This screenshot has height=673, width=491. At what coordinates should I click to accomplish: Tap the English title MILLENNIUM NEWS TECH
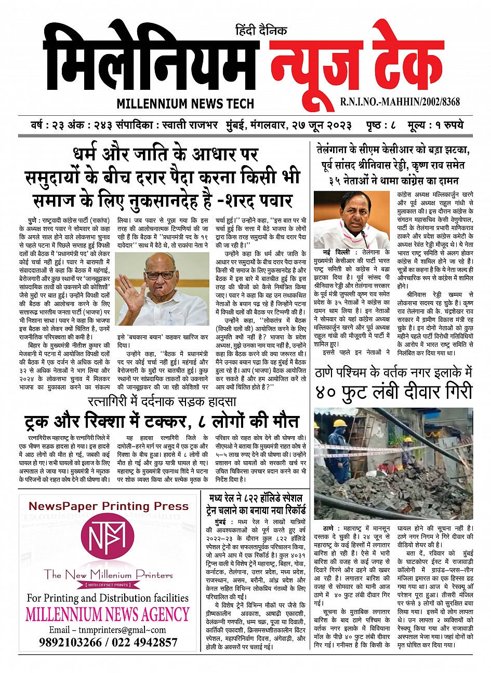click(x=185, y=103)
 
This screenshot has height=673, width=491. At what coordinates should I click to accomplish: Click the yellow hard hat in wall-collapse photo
click(x=340, y=423)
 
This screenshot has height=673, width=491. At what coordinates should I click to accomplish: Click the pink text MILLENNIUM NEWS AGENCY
click(x=108, y=615)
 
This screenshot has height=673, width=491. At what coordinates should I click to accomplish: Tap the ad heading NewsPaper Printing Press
click(x=108, y=506)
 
